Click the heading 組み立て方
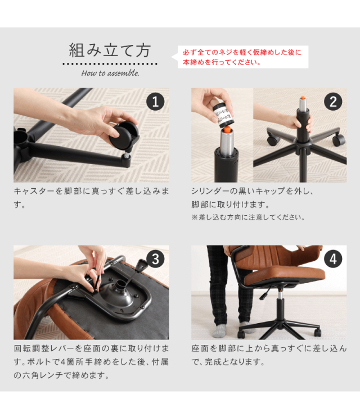pos(110,50)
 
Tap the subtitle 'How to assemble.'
pos(110,73)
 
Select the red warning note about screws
pos(242,57)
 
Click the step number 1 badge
pos(155,102)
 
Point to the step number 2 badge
pos(333,102)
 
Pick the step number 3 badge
pos(155,259)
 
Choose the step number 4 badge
pos(333,259)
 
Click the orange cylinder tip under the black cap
pos(227,129)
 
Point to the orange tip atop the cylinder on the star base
pos(303,98)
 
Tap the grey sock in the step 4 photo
pos(219,330)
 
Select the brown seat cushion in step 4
pos(284,276)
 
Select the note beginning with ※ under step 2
pos(248,217)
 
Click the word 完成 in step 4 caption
pos(211,362)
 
